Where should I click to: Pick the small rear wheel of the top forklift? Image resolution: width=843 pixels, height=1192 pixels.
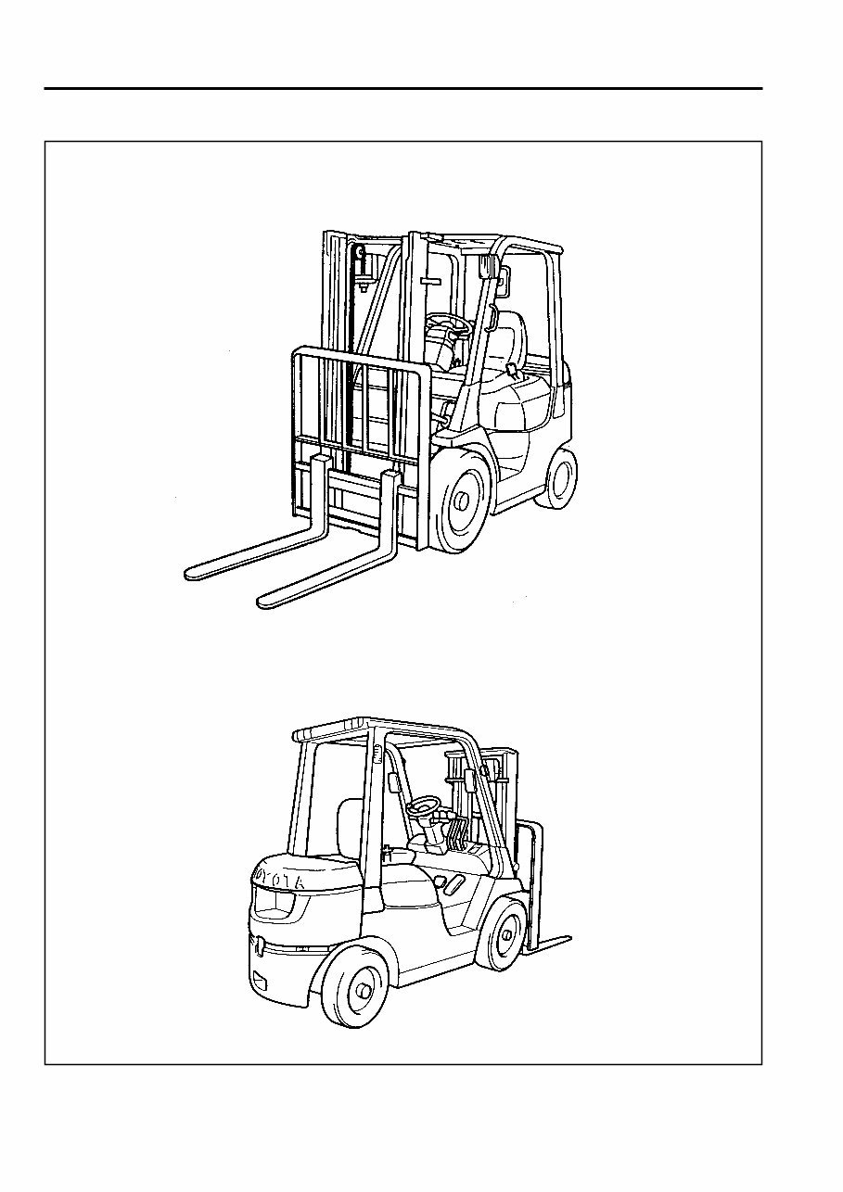(557, 477)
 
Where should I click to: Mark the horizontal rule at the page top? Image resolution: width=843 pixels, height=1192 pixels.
(403, 89)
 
